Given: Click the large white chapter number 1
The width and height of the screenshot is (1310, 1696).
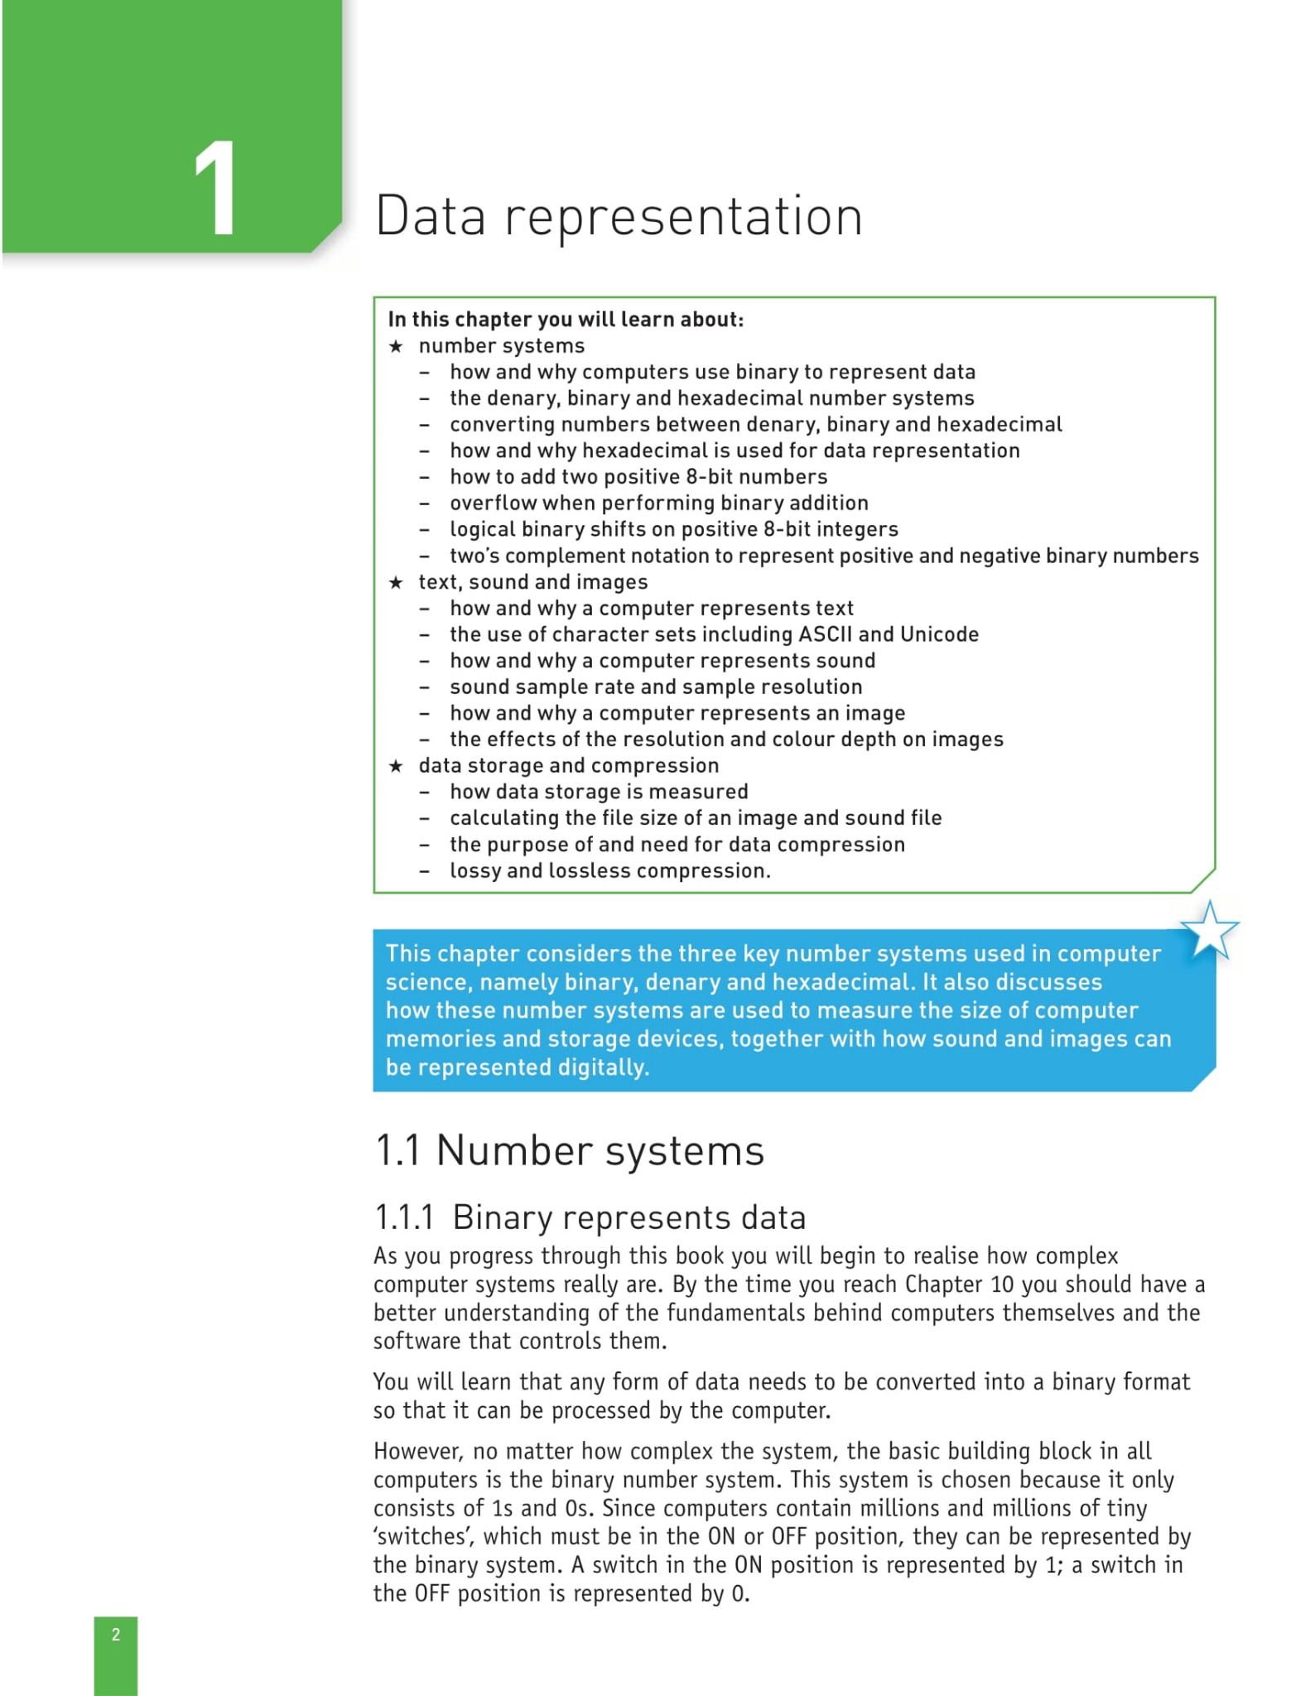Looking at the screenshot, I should click(214, 188).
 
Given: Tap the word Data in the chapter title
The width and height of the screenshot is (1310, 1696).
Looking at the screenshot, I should click(430, 216).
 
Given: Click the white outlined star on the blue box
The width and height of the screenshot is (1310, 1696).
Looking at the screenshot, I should click(1209, 930).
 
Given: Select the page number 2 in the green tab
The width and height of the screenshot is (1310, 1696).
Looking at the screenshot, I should click(116, 1634).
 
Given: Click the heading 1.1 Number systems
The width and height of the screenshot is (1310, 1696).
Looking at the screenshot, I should click(570, 1151).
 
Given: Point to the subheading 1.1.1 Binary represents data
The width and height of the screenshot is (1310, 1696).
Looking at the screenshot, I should click(590, 1217).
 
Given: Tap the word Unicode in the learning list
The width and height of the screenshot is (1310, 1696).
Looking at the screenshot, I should click(939, 634).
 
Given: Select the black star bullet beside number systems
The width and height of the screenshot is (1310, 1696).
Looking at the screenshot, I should click(396, 346).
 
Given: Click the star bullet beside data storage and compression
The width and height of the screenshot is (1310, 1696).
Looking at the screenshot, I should click(396, 766).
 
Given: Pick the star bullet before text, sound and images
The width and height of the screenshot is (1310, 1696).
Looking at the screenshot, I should click(396, 582).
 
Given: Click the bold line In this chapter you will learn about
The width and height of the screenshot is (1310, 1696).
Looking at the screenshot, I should click(566, 320).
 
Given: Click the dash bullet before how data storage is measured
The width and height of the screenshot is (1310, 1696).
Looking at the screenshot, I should click(424, 793).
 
